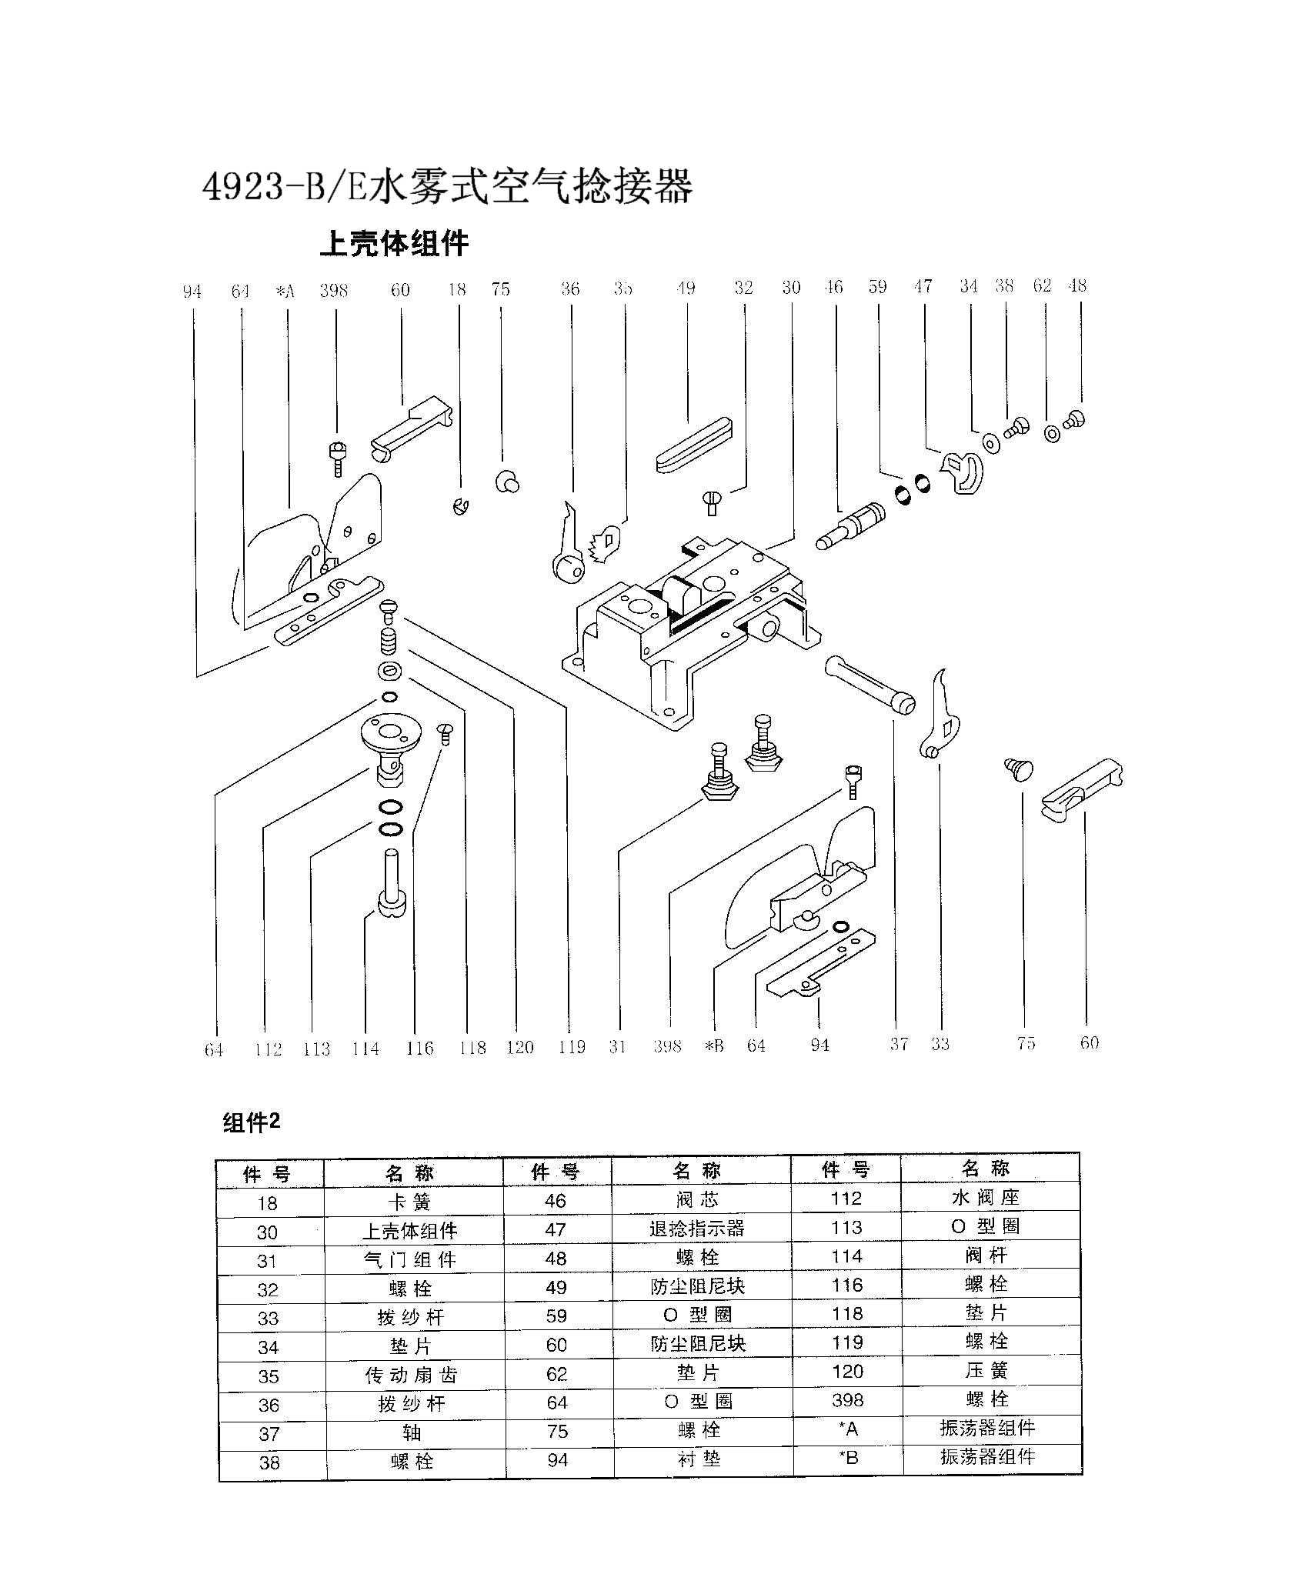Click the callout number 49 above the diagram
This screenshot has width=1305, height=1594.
686,288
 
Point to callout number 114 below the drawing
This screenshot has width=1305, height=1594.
365,1049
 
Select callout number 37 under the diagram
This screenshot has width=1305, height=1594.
899,1044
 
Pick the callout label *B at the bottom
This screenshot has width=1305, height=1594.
714,1046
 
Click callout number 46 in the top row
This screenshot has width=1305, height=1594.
833,287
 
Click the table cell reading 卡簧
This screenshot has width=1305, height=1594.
412,1202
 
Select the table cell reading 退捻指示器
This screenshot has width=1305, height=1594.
697,1229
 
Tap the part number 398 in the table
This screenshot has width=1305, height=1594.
847,1400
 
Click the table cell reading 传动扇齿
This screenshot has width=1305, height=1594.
412,1376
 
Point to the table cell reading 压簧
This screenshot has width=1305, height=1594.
986,1371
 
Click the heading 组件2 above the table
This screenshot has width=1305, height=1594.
252,1123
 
